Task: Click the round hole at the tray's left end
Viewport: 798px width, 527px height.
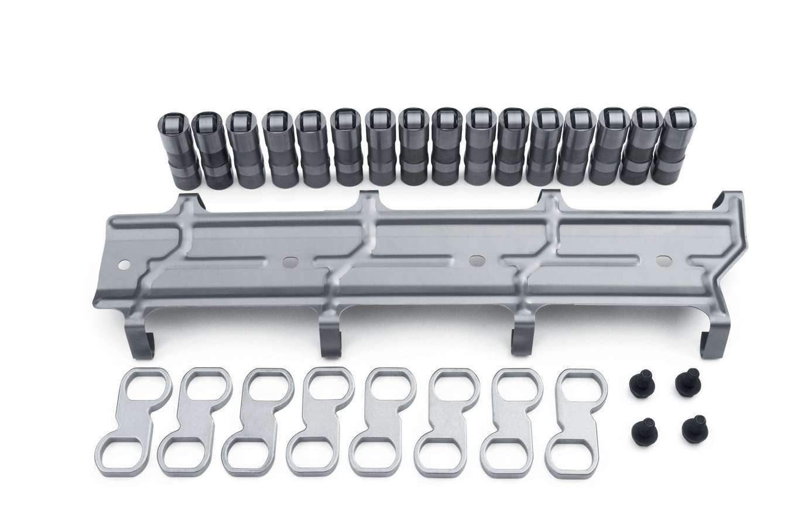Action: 123,265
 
